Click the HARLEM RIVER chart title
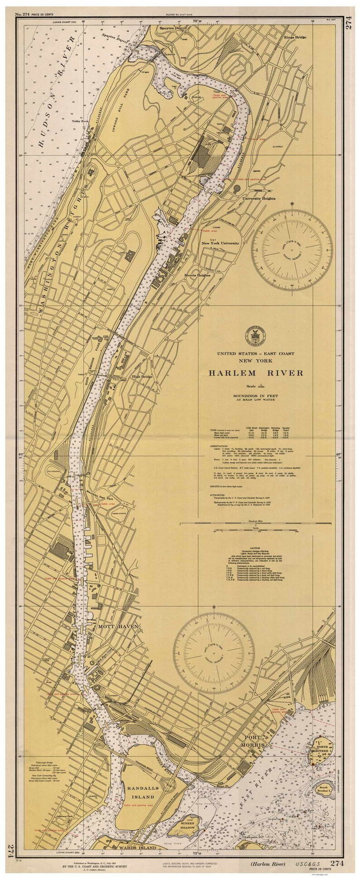tap(256, 373)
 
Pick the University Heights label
tap(259, 198)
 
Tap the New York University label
tap(220, 243)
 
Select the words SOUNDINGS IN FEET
tap(256, 395)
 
